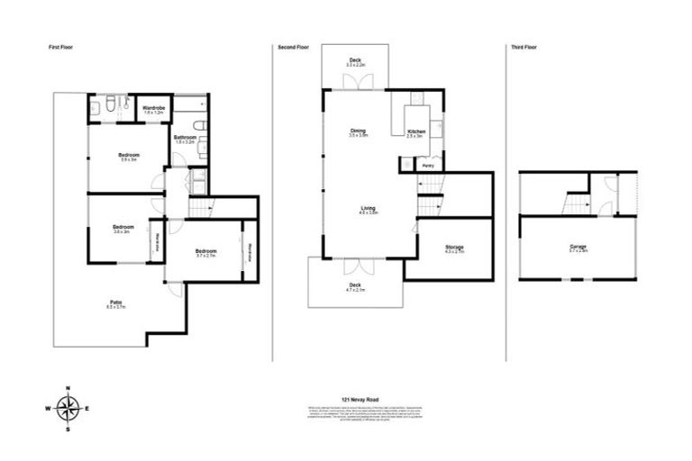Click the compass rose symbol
click(68, 408)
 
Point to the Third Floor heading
click(524, 46)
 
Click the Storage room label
click(454, 248)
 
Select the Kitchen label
click(416, 132)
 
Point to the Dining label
click(358, 132)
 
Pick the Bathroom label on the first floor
click(184, 139)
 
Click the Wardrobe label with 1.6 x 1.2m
click(154, 110)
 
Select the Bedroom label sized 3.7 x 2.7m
click(205, 252)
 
